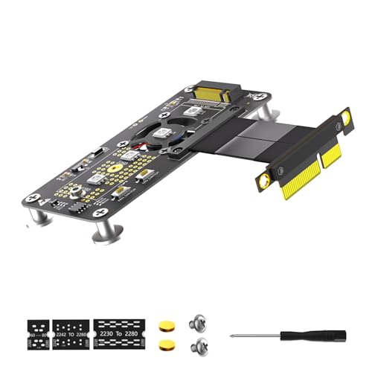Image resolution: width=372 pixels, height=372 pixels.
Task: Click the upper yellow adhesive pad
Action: coord(164,325)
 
